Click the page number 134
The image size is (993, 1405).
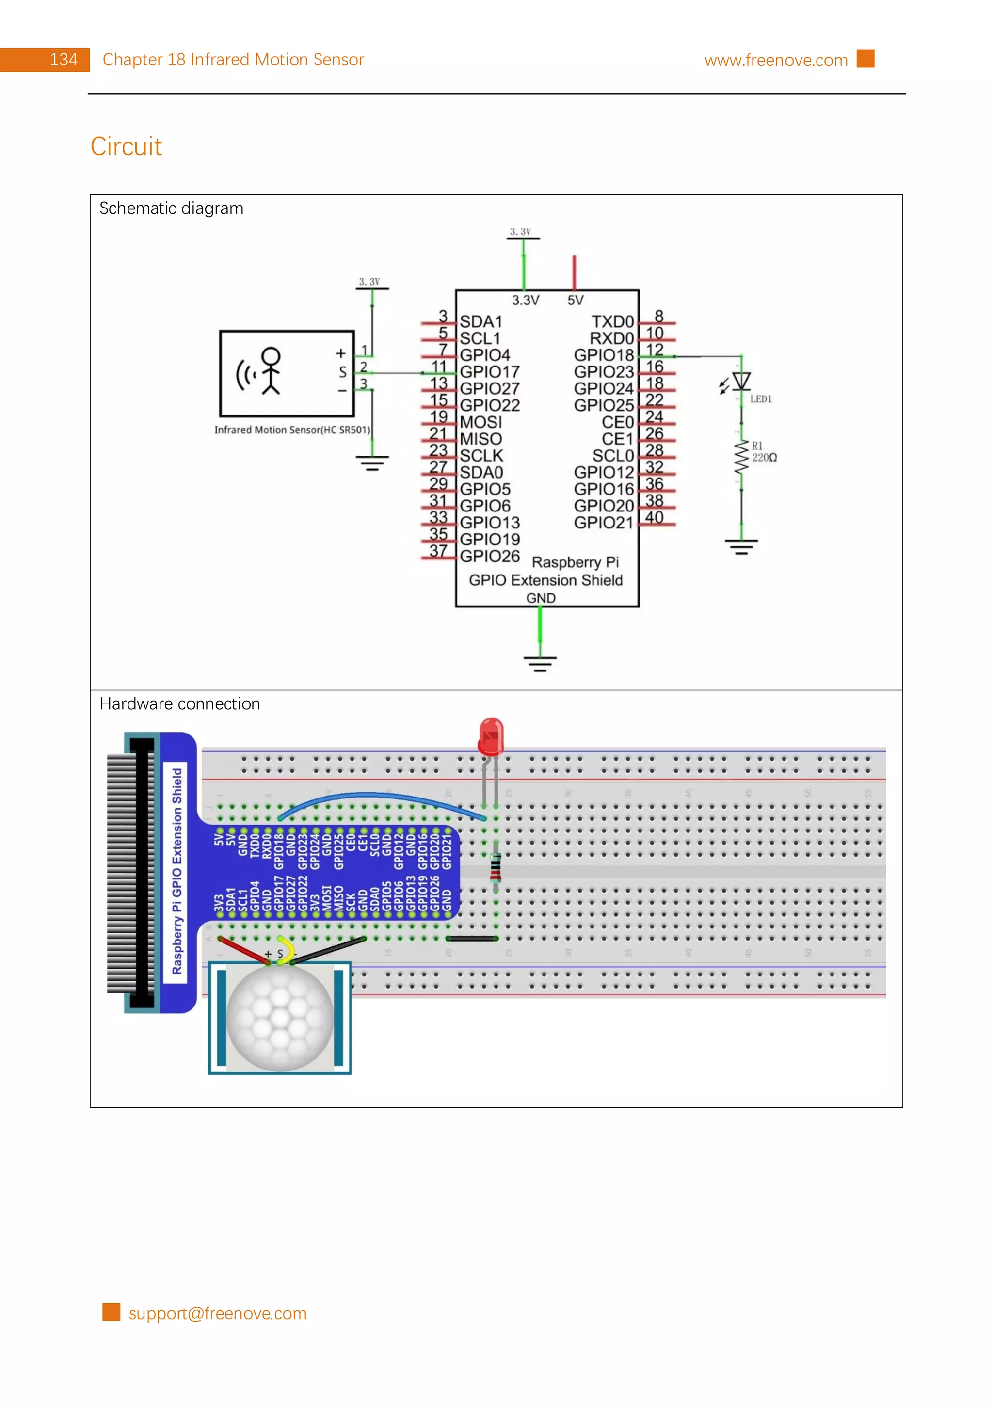click(63, 60)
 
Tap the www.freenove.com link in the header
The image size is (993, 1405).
click(775, 60)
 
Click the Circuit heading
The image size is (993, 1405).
click(126, 146)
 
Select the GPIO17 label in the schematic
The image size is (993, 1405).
click(489, 371)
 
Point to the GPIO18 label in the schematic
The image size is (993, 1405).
click(603, 355)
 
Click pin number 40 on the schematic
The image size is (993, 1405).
click(654, 517)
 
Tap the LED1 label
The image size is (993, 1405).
click(760, 399)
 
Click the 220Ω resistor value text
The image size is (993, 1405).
click(764, 458)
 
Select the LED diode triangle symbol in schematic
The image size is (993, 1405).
click(741, 381)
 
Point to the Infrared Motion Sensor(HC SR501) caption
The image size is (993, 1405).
click(292, 430)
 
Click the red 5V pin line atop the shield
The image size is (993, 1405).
click(574, 272)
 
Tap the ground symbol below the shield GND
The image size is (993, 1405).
click(540, 663)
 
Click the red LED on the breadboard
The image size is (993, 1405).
click(491, 737)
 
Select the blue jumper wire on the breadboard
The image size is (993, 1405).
click(379, 796)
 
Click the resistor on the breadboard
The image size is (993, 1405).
click(496, 868)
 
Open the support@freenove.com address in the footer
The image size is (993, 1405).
click(217, 1313)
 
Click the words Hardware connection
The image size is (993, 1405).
click(180, 704)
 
